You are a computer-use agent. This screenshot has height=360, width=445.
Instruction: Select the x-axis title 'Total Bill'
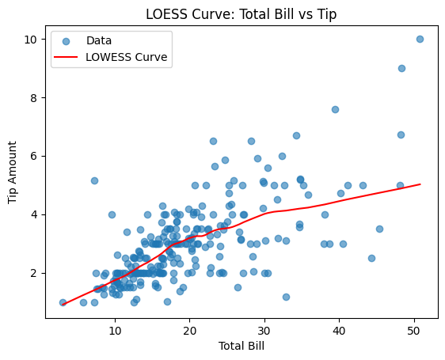point(242,347)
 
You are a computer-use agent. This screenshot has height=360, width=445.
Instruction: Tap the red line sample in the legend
point(70,57)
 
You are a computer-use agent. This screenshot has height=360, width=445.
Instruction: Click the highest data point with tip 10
point(420,39)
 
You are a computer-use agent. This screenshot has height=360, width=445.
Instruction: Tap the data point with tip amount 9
point(401,68)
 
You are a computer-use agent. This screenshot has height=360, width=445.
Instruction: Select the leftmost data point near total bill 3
point(63,302)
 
